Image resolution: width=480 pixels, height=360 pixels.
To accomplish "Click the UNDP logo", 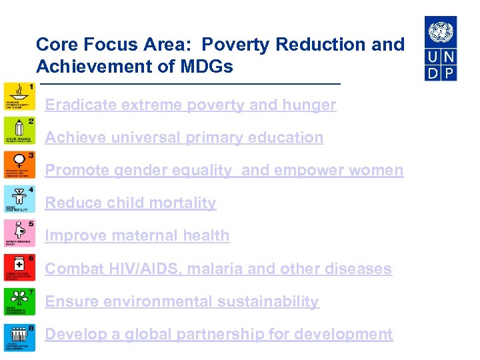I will pyautogui.click(x=441, y=49).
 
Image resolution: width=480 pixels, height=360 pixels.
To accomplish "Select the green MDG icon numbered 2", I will pyautogui.click(x=20, y=132).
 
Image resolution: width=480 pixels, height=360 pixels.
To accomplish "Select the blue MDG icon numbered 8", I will pyautogui.click(x=20, y=338).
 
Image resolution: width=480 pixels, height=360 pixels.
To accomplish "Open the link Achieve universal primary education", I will pyautogui.click(x=184, y=138).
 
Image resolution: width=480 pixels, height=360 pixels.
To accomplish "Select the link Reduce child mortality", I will pyautogui.click(x=131, y=203).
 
